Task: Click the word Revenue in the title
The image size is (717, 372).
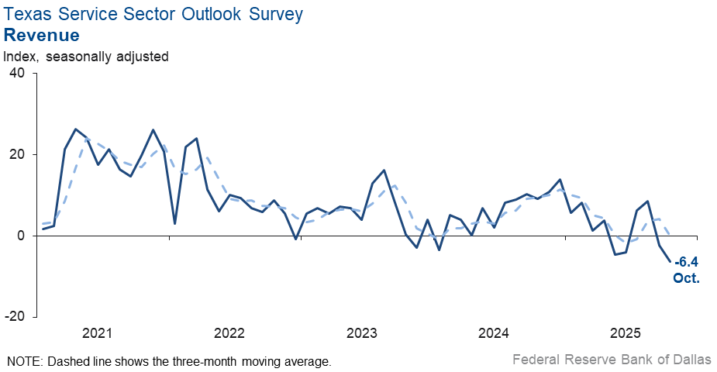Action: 42,35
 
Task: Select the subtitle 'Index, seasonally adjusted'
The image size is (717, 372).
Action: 86,56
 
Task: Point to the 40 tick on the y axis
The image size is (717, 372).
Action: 17,73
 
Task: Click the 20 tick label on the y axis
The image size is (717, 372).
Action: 17,154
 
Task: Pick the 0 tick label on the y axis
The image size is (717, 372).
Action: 21,236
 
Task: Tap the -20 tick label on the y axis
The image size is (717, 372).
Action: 15,317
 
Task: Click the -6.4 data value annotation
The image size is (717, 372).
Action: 686,263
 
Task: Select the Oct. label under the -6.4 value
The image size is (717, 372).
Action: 687,277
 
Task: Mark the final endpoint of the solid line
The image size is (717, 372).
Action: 670,261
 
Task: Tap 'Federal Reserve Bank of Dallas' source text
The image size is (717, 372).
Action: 612,360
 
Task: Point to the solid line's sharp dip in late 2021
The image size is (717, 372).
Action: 175,223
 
